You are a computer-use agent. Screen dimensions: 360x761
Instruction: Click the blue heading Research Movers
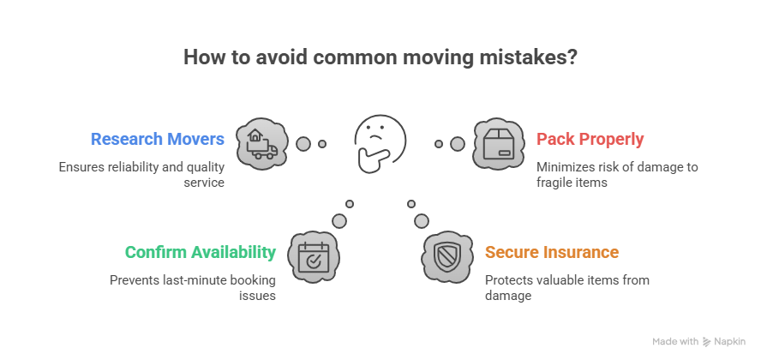coord(158,139)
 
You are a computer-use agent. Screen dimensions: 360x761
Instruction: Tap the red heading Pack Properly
coord(590,139)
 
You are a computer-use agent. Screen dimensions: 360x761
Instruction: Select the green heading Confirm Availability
coord(201,253)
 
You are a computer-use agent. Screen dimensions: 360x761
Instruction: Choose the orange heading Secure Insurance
coord(552,253)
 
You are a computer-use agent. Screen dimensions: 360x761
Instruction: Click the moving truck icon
coord(261,143)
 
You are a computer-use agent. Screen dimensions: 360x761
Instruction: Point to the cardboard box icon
coord(500,143)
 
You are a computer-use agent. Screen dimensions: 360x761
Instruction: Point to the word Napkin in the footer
coord(731,341)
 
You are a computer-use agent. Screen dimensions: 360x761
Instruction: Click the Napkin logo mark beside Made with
coord(707,341)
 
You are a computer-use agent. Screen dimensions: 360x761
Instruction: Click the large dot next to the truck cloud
coord(303,144)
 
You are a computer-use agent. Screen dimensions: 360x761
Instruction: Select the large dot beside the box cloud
coord(457,144)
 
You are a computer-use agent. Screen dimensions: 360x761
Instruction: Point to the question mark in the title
coord(571,58)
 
